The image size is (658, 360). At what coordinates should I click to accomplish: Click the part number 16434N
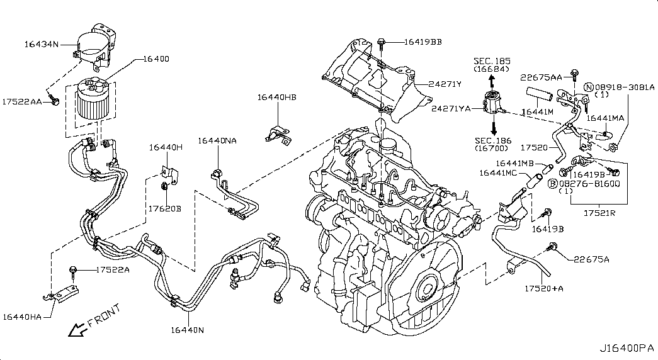(x=42, y=44)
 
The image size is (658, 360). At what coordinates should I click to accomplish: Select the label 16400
(x=156, y=59)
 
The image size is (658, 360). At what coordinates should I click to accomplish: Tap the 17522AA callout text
(x=21, y=101)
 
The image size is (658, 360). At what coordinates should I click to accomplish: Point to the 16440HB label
(x=276, y=97)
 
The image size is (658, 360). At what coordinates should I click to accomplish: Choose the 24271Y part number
(x=445, y=83)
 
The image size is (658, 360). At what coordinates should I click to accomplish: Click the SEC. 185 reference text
(x=492, y=61)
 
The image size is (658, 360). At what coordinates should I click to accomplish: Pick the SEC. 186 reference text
(x=492, y=140)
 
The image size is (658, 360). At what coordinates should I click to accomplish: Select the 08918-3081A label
(x=625, y=87)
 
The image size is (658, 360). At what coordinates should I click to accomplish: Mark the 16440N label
(x=188, y=329)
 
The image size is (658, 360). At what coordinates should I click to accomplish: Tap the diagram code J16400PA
(x=627, y=347)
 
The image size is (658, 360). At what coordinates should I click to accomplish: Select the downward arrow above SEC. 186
(x=492, y=125)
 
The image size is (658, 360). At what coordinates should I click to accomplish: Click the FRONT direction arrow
(x=77, y=329)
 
